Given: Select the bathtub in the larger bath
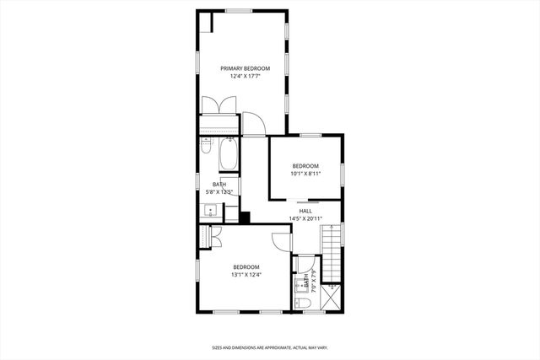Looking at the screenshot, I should click(228, 155).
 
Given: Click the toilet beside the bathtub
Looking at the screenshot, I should click(205, 148).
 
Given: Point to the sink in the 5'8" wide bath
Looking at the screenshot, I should click(209, 212).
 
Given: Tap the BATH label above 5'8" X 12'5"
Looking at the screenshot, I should click(219, 184).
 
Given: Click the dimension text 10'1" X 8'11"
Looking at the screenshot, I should click(305, 175).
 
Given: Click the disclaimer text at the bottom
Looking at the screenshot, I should click(269, 347).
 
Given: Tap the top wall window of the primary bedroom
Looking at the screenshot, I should click(238, 10).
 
